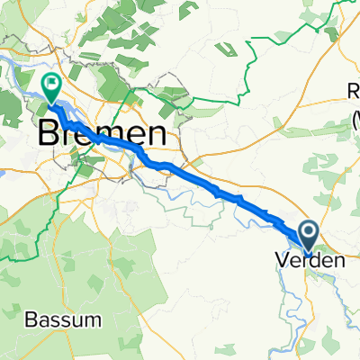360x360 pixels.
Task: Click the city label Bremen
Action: [103, 136]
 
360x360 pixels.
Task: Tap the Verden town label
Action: [308, 262]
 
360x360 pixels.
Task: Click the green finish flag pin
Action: [50, 88]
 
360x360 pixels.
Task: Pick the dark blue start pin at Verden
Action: [308, 236]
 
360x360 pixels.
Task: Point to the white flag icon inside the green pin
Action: [50, 85]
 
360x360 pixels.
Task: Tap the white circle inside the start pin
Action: [308, 232]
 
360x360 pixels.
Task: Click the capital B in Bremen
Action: [48, 136]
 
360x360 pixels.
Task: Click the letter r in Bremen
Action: [67, 136]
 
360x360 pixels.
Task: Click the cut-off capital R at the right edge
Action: [354, 89]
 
